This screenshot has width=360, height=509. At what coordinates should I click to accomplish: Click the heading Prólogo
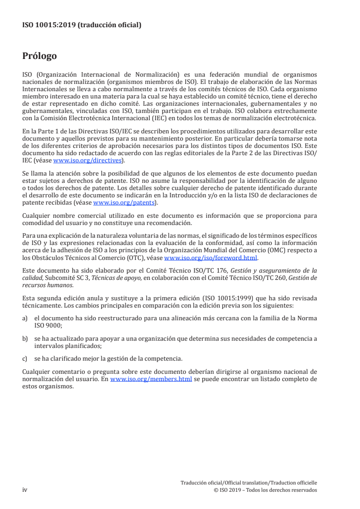[x=39, y=56]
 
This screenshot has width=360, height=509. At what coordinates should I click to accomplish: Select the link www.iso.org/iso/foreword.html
[x=211, y=258]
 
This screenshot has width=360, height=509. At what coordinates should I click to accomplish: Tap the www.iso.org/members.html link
[x=151, y=379]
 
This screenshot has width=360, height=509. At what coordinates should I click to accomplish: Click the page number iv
[x=25, y=490]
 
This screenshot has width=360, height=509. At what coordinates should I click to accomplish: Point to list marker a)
[x=25, y=318]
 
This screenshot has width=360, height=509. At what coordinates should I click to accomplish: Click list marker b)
[x=25, y=338]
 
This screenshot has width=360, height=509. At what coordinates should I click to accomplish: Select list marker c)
[x=25, y=358]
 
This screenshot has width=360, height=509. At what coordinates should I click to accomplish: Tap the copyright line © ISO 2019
[x=265, y=490]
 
